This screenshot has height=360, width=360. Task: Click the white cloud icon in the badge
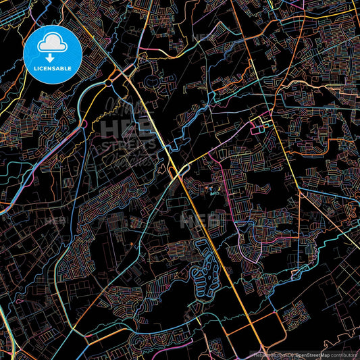[52, 44]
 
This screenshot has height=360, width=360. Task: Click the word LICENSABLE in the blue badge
[53, 68]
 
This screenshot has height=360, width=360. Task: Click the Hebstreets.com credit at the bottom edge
[258, 355]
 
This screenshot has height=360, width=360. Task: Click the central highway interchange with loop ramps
[180, 171]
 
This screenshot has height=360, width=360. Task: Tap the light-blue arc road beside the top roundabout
[84, 101]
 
